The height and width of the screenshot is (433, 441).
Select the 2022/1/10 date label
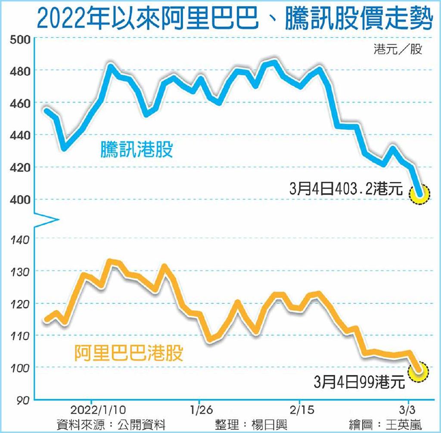[x=98, y=408]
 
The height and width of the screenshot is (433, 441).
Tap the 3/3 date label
[x=404, y=408]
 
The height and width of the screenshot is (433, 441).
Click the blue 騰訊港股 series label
[x=137, y=150]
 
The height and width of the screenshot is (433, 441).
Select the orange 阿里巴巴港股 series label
[x=129, y=353]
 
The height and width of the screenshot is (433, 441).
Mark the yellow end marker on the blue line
[x=420, y=194]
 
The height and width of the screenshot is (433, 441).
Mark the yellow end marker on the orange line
[x=419, y=371]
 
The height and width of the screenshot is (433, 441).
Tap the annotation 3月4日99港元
[x=360, y=382]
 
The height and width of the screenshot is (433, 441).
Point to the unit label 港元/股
[x=398, y=50]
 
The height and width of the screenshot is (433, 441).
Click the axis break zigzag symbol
[x=45, y=220]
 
